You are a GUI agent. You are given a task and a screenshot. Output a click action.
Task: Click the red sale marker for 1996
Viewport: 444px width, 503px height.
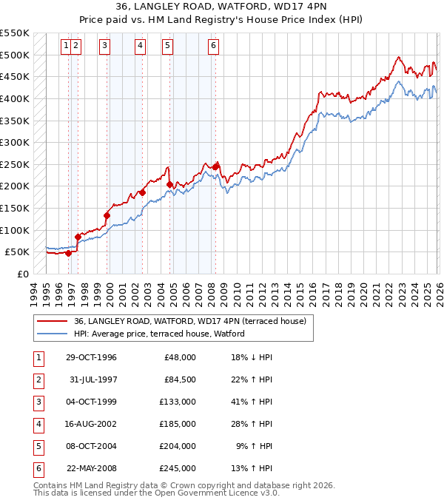[x=69, y=253]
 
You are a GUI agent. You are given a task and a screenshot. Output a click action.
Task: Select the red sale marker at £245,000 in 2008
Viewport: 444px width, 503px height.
[x=215, y=167]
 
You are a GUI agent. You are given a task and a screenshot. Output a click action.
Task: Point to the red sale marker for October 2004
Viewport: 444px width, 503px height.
[x=170, y=185]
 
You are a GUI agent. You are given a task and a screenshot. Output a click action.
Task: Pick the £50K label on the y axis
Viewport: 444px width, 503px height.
[x=18, y=252]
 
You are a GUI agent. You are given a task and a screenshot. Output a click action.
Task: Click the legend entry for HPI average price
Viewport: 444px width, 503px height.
[x=158, y=334]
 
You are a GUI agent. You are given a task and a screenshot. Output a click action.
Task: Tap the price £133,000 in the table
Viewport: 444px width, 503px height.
[x=178, y=402]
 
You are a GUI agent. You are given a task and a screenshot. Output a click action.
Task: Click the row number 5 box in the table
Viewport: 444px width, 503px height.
[x=37, y=446]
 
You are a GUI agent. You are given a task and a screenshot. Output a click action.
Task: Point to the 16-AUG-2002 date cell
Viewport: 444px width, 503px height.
[x=90, y=424]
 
